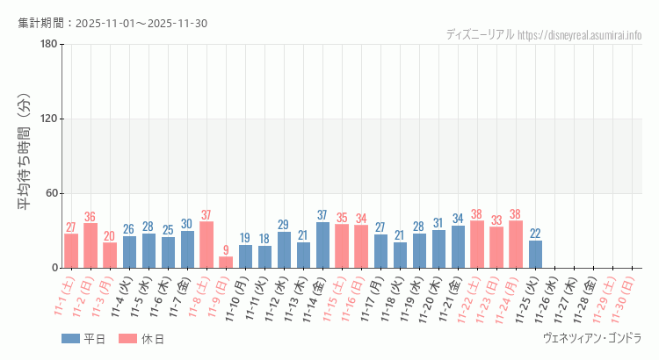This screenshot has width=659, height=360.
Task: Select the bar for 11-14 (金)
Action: tap(322, 245)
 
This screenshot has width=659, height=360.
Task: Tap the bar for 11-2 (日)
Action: tap(91, 246)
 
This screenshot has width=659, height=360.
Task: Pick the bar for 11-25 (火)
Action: tap(535, 255)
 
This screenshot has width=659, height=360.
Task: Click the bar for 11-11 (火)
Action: tap(264, 256)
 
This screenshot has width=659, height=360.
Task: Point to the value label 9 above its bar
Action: tap(226, 250)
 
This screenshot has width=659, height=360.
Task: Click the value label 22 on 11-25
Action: tap(535, 234)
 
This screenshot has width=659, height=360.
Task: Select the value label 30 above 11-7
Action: tap(187, 224)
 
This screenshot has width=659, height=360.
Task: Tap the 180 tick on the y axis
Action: tap(49, 45)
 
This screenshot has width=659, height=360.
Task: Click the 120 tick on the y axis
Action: tap(49, 119)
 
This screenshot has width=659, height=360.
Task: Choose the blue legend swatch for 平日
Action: tap(70, 339)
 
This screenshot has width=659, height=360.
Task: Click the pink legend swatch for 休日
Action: tap(127, 339)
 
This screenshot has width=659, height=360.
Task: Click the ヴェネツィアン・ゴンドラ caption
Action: tap(593, 338)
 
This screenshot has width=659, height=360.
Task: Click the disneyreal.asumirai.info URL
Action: tap(580, 34)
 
